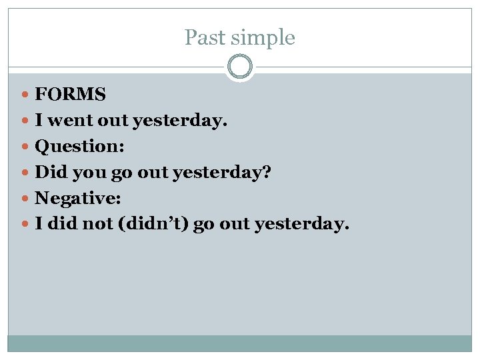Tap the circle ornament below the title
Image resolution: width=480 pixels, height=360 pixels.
pyautogui.click(x=240, y=67)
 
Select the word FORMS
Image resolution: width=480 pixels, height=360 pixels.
pyautogui.click(x=70, y=95)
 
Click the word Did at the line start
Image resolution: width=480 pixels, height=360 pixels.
pyautogui.click(x=49, y=173)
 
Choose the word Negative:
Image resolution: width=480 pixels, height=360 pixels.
pyautogui.click(x=77, y=199)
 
